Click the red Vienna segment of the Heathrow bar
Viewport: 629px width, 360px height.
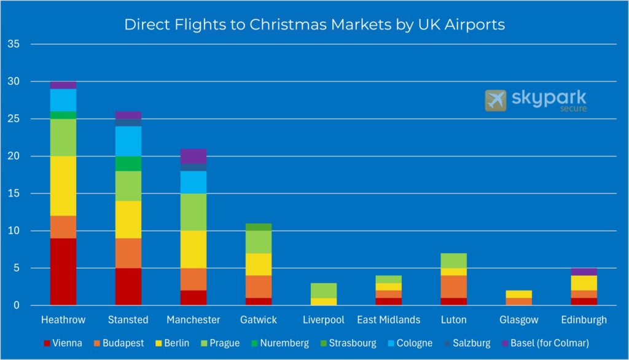coord(63,272)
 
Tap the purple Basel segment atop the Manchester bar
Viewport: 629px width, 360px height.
coord(193,156)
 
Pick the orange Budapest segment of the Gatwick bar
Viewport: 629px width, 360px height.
coord(259,286)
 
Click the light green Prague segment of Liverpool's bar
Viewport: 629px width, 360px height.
coord(324,290)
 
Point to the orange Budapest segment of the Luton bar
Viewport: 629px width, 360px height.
coord(454,286)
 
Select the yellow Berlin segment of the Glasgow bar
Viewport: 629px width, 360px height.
coord(519,294)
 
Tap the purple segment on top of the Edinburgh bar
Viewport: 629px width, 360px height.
coord(584,272)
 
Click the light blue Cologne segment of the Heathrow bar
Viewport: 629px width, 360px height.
coord(63,100)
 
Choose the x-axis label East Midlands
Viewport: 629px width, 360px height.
coord(389,320)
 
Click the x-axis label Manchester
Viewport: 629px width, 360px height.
coord(193,320)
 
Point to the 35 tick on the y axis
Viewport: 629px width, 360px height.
coord(14,44)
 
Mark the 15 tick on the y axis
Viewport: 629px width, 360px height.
coord(14,194)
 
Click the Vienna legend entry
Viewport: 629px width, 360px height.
coord(64,343)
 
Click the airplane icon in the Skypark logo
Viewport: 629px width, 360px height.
coord(495,100)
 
